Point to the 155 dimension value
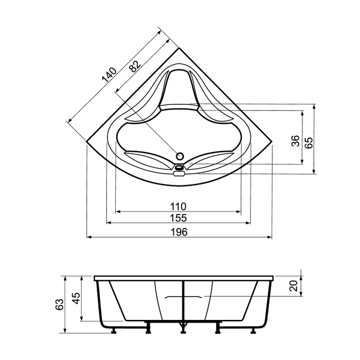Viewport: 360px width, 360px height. (x=178, y=218)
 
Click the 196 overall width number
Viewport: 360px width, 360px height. (x=178, y=232)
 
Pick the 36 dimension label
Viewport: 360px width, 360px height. (x=295, y=142)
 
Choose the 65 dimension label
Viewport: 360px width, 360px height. (x=309, y=142)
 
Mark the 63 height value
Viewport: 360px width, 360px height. (x=60, y=304)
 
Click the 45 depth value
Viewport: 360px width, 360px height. (x=76, y=299)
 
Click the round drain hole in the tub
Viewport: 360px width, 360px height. (x=180, y=155)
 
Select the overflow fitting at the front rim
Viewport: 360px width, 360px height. (x=179, y=170)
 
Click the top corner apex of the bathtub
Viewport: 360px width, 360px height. (x=178, y=49)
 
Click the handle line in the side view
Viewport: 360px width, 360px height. (x=183, y=297)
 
